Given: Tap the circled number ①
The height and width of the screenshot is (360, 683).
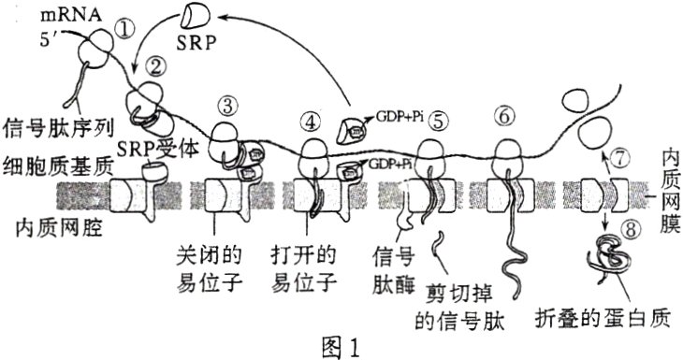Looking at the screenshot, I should point(128,31).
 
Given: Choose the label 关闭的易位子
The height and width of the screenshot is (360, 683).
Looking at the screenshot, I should point(216,266).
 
